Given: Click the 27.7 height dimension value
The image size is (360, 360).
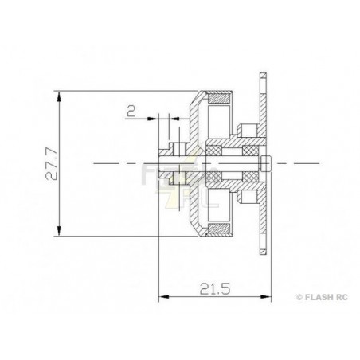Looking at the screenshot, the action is pos(51,164).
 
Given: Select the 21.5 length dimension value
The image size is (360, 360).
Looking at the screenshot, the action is pos(215,289).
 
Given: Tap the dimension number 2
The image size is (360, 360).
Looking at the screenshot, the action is pos(131,111).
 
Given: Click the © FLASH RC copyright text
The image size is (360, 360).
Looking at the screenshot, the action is pos(322,297).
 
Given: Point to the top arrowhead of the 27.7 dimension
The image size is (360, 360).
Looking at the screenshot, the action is pos(59,96).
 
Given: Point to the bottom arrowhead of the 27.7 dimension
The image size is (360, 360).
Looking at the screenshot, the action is pos(59,230).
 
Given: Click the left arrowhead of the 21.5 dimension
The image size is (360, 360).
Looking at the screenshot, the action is pos(164,296).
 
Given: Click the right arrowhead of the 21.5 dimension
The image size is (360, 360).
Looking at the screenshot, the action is pos(266,296).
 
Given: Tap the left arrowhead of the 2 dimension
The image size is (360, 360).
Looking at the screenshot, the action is pos(153,119).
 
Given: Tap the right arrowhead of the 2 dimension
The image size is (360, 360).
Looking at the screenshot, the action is pos(174,119).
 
